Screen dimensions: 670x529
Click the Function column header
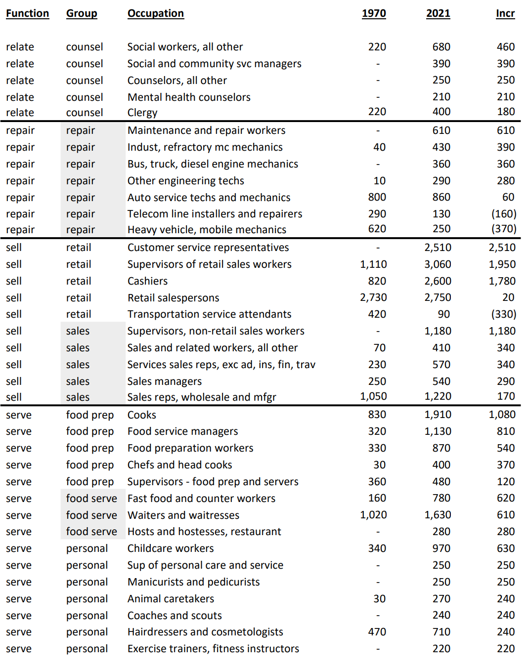(27, 13)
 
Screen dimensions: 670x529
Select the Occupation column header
(155, 13)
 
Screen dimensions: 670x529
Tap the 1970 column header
(374, 13)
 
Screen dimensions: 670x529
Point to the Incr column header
(505, 13)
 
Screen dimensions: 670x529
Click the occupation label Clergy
(142, 113)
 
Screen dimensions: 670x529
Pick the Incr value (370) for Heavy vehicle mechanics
(504, 229)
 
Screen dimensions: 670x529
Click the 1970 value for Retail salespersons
(373, 297)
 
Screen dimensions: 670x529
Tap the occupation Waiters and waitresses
(183, 515)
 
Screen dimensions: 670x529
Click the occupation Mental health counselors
(189, 97)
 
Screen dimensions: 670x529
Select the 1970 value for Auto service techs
(377, 197)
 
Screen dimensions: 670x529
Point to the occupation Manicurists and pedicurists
(193, 582)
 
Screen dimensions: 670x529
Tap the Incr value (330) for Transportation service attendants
(504, 314)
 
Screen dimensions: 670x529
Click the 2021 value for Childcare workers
(441, 548)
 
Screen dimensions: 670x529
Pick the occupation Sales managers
(164, 381)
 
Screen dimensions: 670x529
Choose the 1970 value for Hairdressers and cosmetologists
(377, 632)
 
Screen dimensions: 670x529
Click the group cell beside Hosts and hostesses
(91, 532)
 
